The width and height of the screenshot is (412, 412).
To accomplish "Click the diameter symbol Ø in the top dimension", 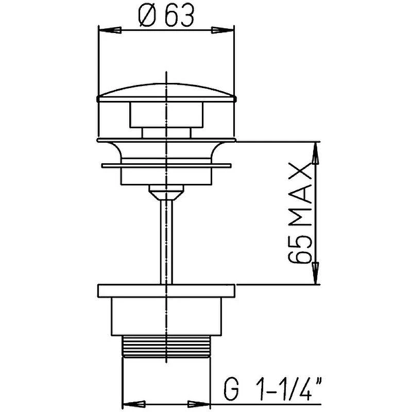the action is pos(146,16).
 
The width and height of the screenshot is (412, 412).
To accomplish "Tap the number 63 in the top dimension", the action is pos(179,16).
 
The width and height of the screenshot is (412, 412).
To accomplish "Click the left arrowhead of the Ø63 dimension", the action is pos(110,30).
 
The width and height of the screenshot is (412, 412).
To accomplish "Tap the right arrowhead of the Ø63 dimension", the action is pos(222,30).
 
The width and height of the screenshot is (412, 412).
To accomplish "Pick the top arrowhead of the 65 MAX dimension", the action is pos(316,153).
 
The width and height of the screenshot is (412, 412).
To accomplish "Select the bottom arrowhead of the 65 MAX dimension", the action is pos(316,273).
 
